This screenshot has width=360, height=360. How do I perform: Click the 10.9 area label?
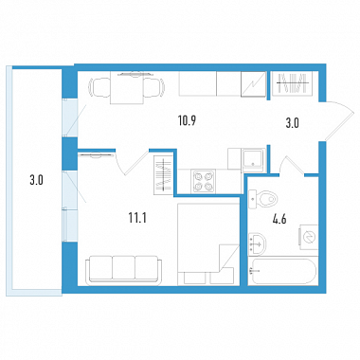tap(188, 121)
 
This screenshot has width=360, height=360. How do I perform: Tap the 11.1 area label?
tap(137, 218)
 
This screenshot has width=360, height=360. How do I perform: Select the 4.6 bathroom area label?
tap(279, 219)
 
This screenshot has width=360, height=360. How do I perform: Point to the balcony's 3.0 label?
tap(36, 180)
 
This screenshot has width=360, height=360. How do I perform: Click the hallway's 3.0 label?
tap(292, 123)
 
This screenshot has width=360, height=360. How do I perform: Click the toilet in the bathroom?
tap(263, 200)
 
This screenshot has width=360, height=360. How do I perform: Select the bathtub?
tap(282, 272)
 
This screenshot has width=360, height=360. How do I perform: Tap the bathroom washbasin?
tap(257, 243)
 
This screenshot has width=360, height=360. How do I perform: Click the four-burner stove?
tap(203, 181)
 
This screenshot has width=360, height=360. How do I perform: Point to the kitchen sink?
tap(253, 160)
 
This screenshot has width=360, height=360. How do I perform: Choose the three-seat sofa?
tap(124, 268)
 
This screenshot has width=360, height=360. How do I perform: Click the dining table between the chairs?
tap(127, 88)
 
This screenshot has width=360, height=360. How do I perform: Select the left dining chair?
tap(99, 86)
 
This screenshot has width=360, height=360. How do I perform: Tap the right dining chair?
tap(154, 86)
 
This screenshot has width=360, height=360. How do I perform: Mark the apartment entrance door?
tap(340, 121)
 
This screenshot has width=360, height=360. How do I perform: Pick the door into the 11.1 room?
tap(132, 162)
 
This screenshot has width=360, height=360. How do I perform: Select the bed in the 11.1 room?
tap(208, 244)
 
